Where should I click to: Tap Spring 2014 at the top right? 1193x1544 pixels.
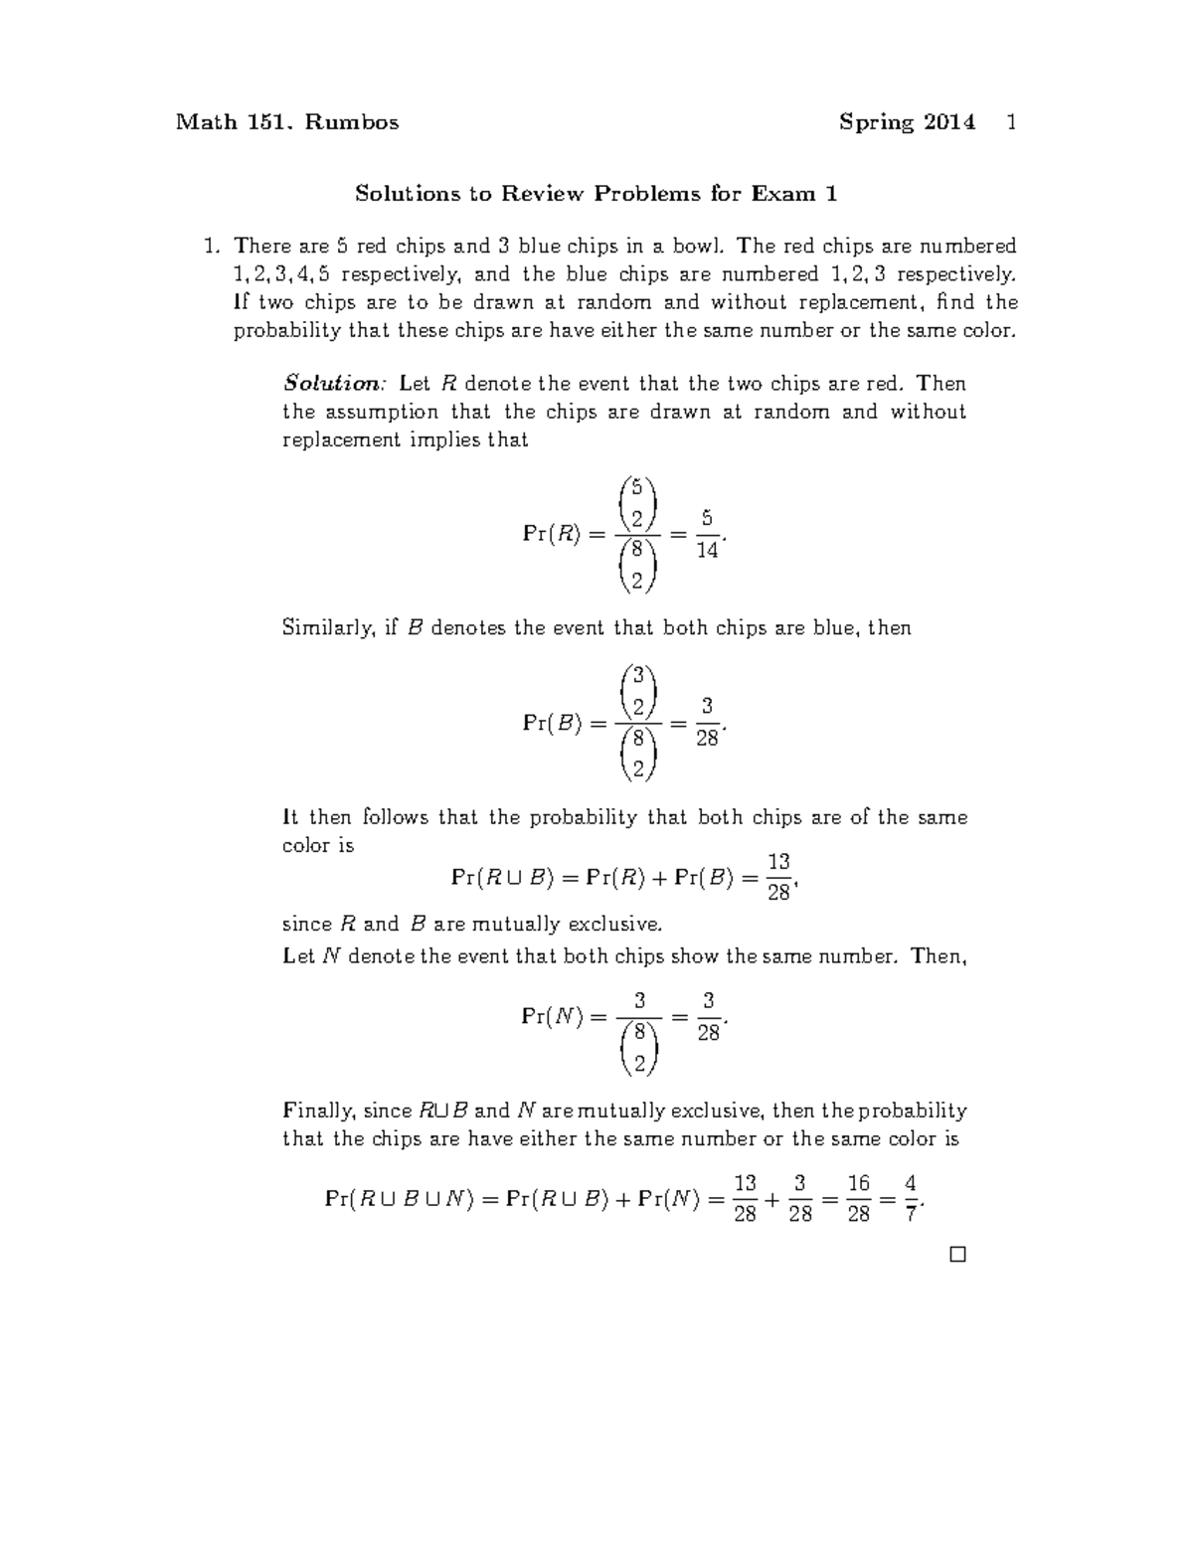(x=907, y=122)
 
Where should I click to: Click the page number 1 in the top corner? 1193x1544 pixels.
(x=1011, y=122)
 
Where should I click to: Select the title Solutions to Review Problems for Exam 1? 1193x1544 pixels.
(x=596, y=193)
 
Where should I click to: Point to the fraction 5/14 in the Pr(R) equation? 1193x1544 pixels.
(x=707, y=534)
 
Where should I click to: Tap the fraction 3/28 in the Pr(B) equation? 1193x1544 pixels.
(x=707, y=723)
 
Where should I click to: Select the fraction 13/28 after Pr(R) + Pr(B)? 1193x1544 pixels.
(x=778, y=876)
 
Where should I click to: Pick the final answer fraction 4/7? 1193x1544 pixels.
(x=911, y=1199)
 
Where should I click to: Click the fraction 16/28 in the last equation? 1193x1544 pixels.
(x=859, y=1199)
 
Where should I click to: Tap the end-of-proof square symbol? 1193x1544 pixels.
(x=957, y=1255)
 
